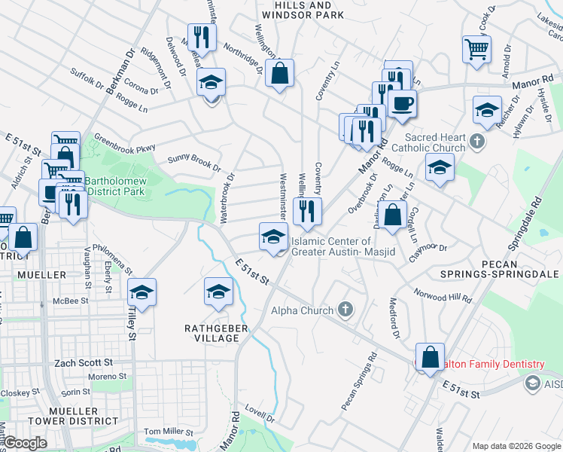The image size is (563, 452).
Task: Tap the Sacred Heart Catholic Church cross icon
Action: click(476, 142)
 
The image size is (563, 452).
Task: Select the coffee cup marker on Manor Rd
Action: click(402, 103)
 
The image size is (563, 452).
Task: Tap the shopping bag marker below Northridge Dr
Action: click(279, 73)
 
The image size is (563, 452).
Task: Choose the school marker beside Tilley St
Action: click(142, 292)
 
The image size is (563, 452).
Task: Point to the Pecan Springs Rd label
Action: click(360, 383)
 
